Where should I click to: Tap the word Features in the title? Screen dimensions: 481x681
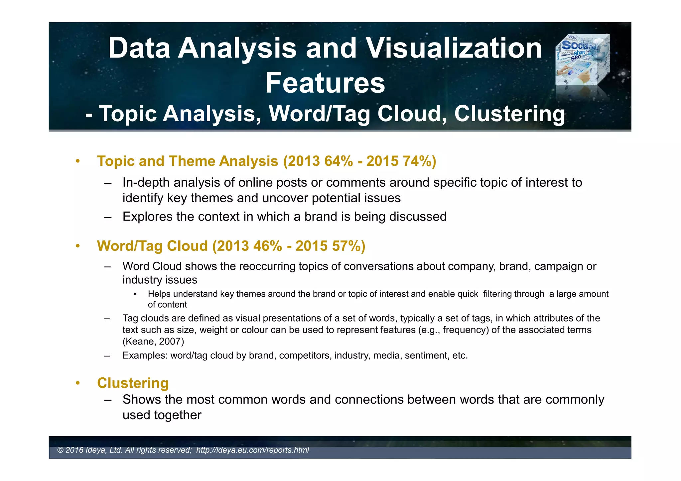(325, 83)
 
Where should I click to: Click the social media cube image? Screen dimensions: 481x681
(582, 60)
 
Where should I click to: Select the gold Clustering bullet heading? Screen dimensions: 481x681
(133, 383)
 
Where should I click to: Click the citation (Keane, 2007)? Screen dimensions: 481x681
(153, 341)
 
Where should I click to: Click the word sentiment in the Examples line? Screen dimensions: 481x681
(427, 356)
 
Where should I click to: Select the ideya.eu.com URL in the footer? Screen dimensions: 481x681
(252, 450)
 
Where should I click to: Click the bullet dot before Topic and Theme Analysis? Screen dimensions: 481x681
(78, 161)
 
